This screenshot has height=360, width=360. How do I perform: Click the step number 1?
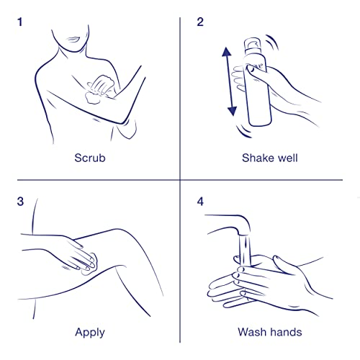click(20, 22)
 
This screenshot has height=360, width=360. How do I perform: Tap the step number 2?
click(200, 22)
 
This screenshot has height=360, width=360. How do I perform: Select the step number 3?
click(20, 202)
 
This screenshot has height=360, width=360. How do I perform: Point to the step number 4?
click(200, 202)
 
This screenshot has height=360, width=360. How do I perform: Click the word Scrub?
click(90, 158)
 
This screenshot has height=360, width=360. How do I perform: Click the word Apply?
click(90, 333)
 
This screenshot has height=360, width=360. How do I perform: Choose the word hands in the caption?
click(286, 332)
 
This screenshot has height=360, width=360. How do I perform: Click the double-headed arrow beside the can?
click(230, 81)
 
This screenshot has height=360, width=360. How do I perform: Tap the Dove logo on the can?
click(256, 67)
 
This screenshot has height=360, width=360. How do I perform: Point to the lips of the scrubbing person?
click(74, 39)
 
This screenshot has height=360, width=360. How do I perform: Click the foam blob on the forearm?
click(92, 98)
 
